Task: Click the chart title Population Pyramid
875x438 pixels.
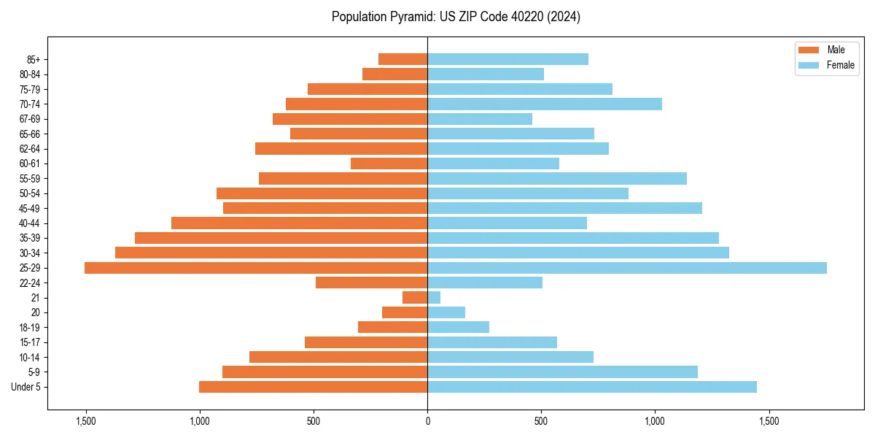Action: pos(456,17)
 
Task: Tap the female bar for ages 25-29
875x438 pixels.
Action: pos(627,268)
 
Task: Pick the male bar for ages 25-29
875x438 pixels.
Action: pos(256,268)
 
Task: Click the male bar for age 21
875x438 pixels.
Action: pos(415,298)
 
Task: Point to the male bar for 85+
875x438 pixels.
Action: pos(402,59)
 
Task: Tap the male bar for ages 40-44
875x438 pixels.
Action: pos(299,223)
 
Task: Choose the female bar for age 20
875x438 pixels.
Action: pos(446,312)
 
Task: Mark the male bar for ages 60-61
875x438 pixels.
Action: pos(389,164)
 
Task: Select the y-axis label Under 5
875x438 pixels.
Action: pos(26,387)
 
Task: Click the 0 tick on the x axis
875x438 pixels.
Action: pos(427,421)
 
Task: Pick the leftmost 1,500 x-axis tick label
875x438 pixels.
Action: pos(86,421)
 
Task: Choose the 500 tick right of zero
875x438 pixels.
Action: pos(541,421)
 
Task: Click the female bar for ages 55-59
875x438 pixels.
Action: pos(557,179)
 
